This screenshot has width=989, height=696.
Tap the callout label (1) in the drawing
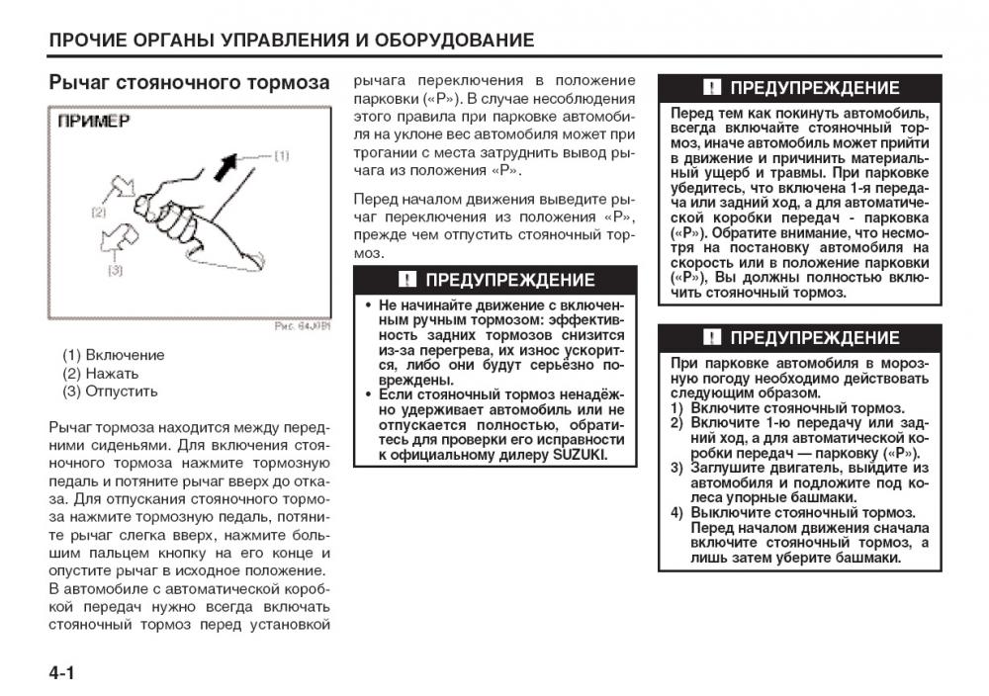point(281,155)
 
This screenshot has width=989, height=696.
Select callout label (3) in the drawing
point(115,269)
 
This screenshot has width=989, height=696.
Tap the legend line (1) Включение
point(114,355)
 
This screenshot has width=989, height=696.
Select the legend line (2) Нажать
point(101,374)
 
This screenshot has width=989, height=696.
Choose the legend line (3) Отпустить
point(110,391)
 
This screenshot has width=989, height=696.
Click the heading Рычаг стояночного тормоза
point(189,83)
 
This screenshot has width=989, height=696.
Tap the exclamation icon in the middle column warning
point(405,280)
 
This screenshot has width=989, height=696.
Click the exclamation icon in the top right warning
point(711,88)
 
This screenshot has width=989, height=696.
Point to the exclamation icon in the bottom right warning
point(711,338)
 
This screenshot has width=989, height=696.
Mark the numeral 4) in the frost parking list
point(677,513)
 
